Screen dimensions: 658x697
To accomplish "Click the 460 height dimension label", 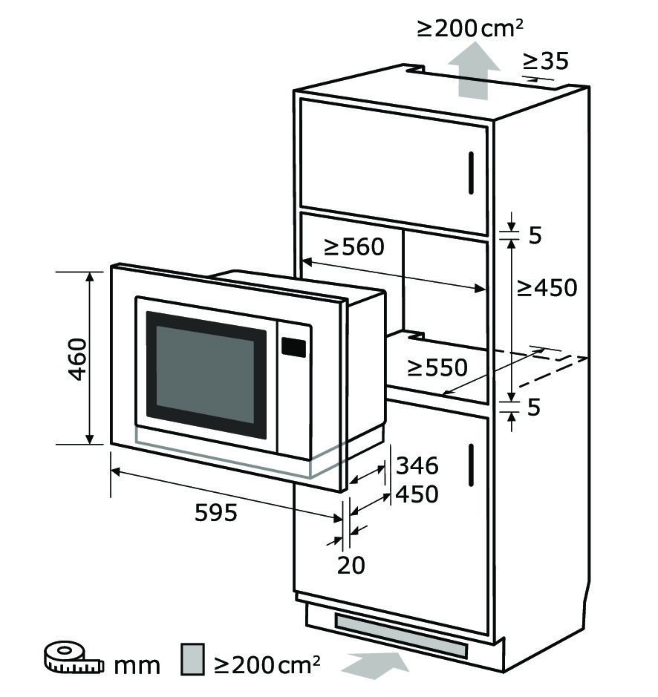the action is pos(77,359).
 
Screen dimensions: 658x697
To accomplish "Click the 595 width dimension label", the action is pos(216,512).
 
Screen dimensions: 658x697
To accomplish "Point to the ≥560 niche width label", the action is pos(354,246).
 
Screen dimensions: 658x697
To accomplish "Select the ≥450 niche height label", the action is pos(547,287).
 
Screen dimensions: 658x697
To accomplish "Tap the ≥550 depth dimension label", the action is pos(437,367).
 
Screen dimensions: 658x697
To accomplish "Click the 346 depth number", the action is pos(417,465).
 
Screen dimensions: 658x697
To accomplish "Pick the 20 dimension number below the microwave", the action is pos(351,566).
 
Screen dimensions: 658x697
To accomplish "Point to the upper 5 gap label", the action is pos(535,235).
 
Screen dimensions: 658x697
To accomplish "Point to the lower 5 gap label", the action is pos(534,408).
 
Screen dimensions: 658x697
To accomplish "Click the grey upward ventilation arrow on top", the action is pos(474,71).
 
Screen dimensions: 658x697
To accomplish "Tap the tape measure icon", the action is pos(74,657).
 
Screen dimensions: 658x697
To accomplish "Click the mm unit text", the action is pos(137,666).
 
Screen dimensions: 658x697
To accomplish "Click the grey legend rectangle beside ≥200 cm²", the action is pos(192,659).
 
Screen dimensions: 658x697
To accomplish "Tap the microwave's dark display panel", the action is pos(293,347).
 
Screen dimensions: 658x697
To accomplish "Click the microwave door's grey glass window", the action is pos(205,375).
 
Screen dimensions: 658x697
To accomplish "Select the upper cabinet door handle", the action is pos(471,173).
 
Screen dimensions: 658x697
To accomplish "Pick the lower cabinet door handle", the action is pos(471,465).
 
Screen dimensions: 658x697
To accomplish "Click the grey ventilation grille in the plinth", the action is pos(401,636).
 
